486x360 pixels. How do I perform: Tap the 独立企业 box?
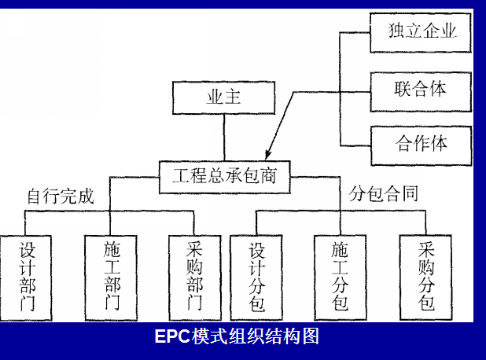point(421,32)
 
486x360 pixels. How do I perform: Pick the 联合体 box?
point(421,88)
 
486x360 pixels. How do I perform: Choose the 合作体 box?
point(421,144)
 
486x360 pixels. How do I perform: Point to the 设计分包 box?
point(256,277)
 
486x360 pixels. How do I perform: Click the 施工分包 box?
point(341,277)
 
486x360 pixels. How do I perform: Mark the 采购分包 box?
point(426,277)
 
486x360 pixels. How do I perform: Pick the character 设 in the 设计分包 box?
point(256,251)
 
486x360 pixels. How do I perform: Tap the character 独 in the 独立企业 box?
point(397,32)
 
